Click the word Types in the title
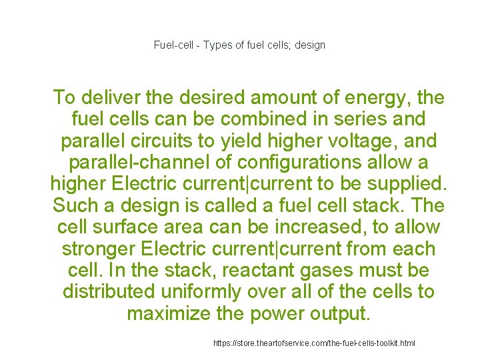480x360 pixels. tap(217, 45)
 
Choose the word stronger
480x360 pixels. tap(101, 249)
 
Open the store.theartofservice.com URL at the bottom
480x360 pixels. tap(314, 343)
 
